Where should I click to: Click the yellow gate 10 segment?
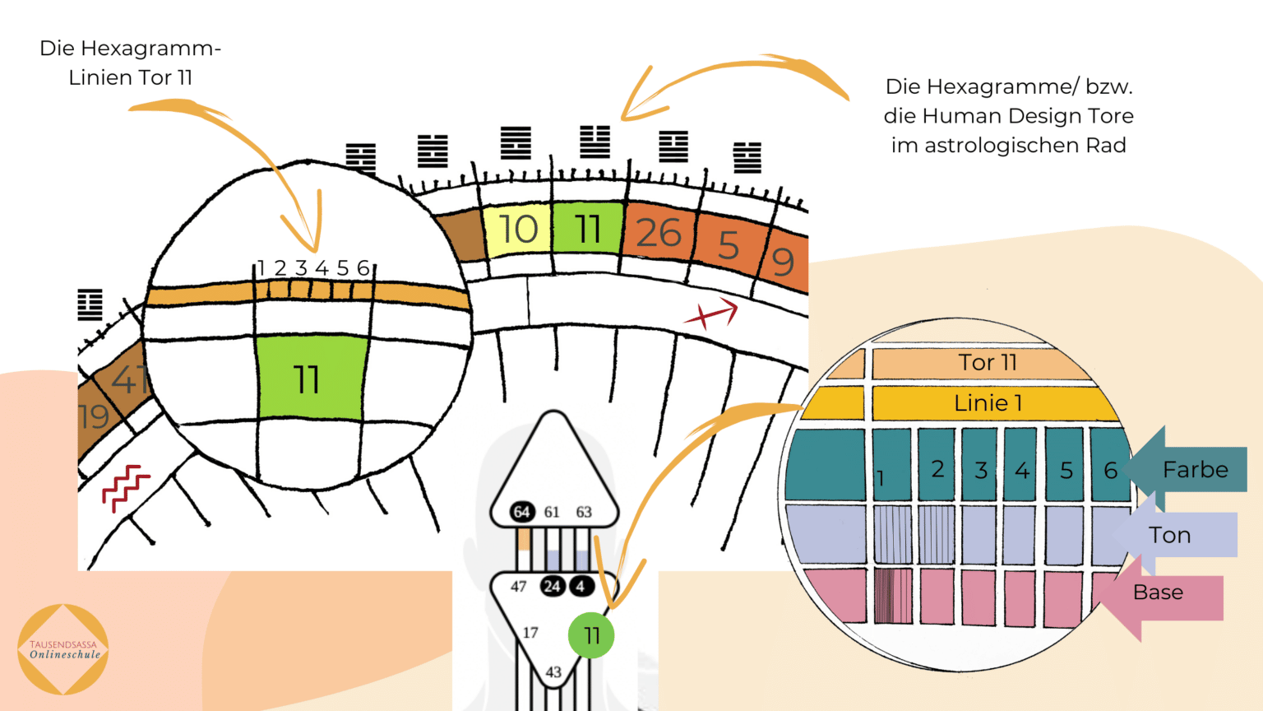[x=517, y=230]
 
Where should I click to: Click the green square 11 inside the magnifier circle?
[x=309, y=379]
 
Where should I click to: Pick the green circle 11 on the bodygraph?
[x=591, y=635]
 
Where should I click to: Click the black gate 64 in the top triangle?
[x=521, y=512]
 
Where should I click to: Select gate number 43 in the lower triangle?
[x=553, y=672]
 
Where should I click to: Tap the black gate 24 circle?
[x=552, y=586]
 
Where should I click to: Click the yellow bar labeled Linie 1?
[x=987, y=403]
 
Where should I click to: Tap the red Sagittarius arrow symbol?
[x=711, y=314]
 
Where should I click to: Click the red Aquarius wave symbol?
[x=124, y=488]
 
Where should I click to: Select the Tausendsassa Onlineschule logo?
[x=64, y=650]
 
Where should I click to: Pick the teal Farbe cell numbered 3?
[x=979, y=466]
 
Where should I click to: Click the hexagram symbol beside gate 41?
[x=90, y=304]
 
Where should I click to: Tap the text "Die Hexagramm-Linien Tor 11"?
[x=131, y=63]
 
